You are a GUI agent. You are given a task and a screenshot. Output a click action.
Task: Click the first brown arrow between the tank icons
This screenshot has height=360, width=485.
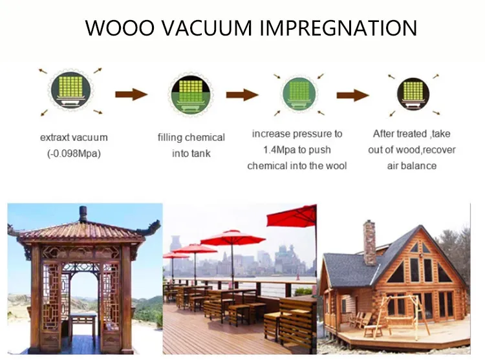coord(131,95)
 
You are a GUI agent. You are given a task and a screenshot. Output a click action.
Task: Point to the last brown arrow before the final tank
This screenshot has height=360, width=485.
coord(353,95)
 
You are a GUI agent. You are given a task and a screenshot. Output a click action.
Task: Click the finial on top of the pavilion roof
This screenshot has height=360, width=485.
coord(83,214)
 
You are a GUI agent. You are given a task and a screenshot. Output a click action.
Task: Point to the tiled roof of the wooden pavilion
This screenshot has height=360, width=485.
coord(83,231)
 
